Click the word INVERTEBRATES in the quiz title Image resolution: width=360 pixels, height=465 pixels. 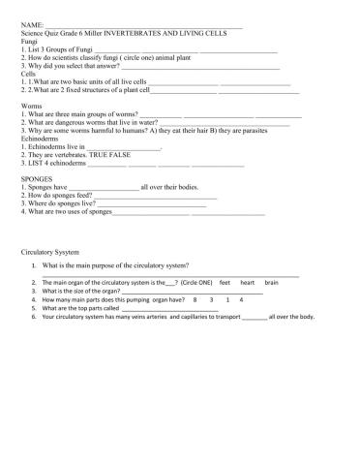tap(138, 33)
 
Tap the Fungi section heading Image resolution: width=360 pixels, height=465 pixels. tap(30, 40)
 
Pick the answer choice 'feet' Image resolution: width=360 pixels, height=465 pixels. tap(225, 282)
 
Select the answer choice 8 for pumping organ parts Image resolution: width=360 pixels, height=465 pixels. tap(195, 299)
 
